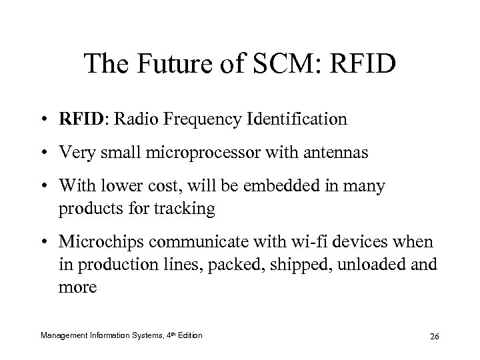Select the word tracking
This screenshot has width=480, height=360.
coord(187,208)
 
